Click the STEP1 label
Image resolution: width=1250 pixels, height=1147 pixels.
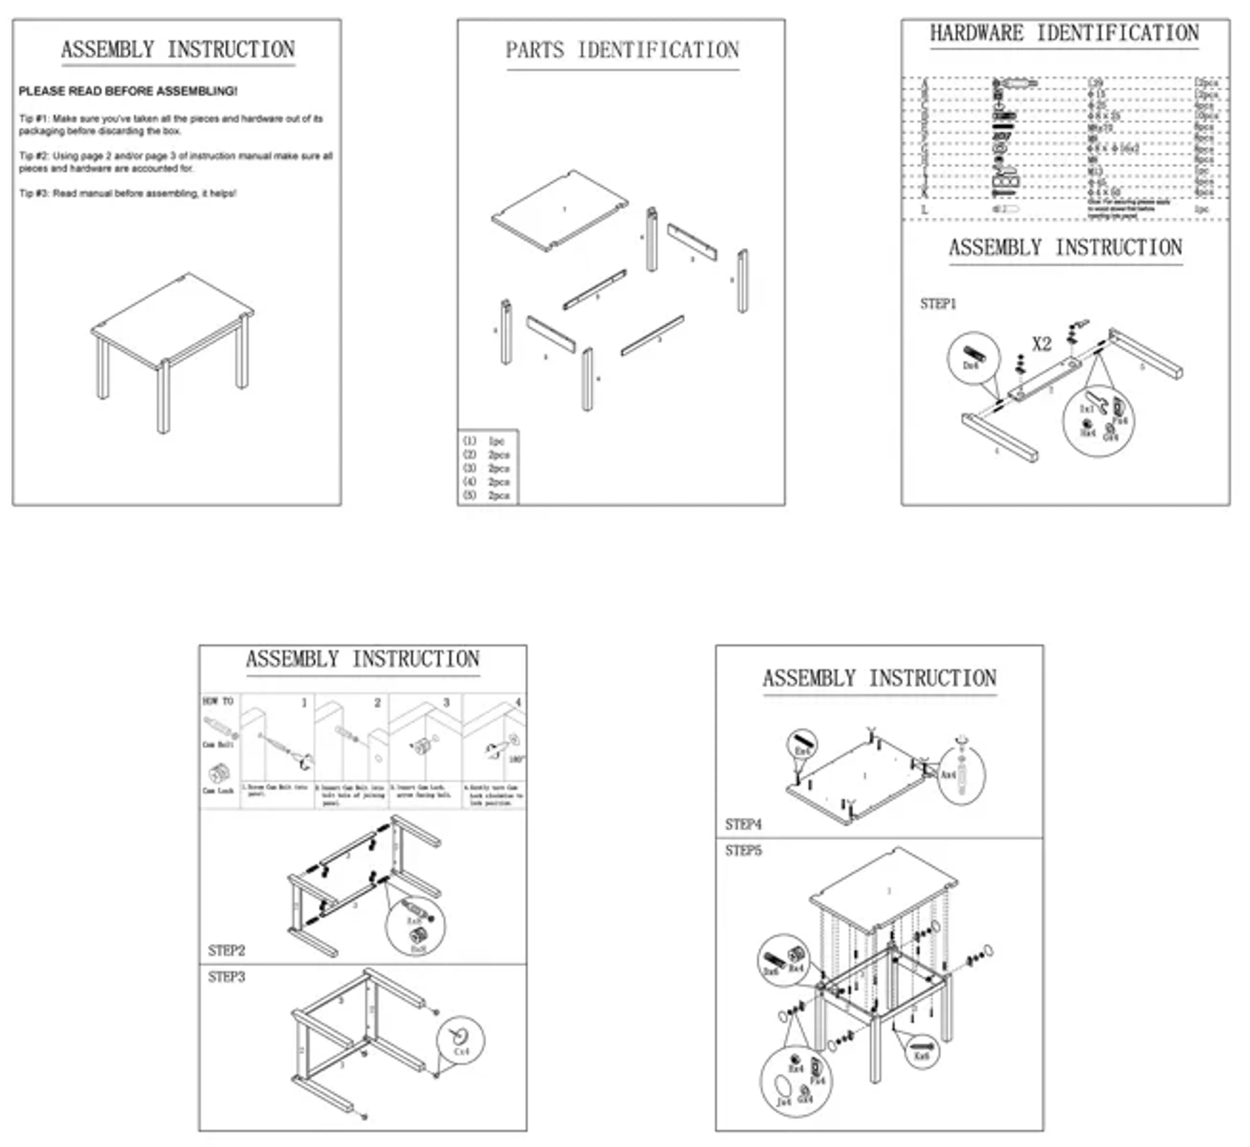click(938, 304)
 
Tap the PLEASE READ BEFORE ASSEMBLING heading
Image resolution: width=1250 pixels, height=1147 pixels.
click(128, 91)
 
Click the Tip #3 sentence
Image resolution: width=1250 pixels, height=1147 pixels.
click(128, 194)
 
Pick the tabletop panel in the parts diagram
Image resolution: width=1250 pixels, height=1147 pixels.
click(560, 210)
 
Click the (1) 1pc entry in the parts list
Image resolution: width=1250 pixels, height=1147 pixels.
click(484, 441)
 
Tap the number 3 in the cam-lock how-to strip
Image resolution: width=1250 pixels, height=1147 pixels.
click(446, 703)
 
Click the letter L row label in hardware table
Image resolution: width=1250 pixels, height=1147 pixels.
click(924, 210)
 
